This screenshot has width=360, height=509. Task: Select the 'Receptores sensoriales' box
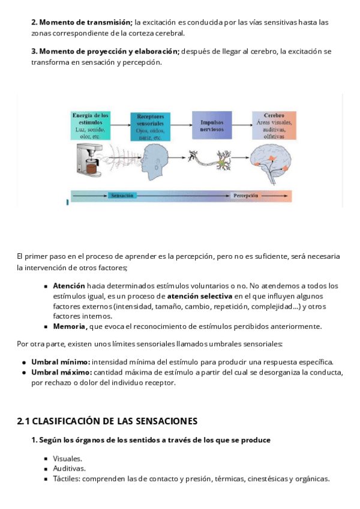tap(150, 126)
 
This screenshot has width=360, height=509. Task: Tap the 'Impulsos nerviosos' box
tap(212, 125)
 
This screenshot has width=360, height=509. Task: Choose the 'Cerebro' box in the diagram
tap(274, 125)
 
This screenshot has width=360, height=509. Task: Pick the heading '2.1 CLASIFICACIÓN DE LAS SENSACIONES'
tap(107, 421)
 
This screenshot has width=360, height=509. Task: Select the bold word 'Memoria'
tap(70, 327)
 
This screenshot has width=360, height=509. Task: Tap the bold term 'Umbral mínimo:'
tap(61, 362)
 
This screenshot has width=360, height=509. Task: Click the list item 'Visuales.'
tap(67, 458)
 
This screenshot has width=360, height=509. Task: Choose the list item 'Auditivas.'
tap(69, 468)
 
